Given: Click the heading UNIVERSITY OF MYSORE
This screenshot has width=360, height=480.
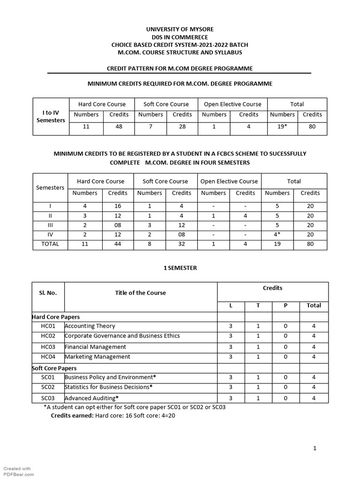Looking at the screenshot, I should coord(180,29).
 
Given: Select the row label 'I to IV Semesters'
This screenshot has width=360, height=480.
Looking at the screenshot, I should coord(51,117).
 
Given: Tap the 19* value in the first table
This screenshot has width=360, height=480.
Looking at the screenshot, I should coord(282,127).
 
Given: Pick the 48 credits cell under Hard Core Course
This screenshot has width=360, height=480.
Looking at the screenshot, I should coord(119,127).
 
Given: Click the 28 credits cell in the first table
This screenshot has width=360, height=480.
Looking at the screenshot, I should coord(182,127).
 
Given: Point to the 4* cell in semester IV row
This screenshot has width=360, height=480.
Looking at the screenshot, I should coord(277,235).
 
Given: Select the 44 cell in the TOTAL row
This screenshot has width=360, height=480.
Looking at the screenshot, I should coord(118,244).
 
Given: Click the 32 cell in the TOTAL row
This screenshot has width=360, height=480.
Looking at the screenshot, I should coord(181,244).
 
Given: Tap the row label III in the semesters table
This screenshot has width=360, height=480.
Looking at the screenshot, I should coord(50,225).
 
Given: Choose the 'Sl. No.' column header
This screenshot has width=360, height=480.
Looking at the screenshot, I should coord(48,293).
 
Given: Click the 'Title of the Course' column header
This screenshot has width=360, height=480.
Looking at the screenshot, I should coord(141,293).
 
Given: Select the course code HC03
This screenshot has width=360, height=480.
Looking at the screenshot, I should coord(48,347).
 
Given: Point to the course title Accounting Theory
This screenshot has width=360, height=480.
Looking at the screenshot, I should coord(90,326).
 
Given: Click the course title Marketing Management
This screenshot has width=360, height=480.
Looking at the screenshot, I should coord(97,357).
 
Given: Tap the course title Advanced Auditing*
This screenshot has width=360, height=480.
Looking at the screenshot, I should coord(92,398).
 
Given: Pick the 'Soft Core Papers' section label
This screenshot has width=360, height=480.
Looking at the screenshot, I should coord(54,368).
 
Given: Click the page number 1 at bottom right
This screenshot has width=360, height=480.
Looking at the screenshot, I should coord(315,448).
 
